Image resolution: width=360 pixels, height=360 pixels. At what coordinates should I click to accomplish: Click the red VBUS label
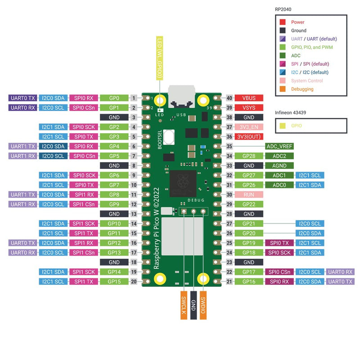point(249,98)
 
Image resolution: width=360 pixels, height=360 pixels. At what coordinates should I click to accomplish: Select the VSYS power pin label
point(249,108)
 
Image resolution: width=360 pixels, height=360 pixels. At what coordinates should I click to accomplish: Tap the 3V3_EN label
point(249,127)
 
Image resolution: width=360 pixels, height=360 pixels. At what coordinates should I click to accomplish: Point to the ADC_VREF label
point(279,146)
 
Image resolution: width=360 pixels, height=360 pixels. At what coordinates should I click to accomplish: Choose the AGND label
point(279,166)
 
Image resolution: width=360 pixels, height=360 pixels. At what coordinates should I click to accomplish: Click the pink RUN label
point(249,194)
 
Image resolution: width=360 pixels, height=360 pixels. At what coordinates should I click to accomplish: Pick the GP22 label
point(249,204)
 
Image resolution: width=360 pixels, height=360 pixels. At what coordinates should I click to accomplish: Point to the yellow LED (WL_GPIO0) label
point(159,58)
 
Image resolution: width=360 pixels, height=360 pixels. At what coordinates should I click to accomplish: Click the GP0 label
point(114,98)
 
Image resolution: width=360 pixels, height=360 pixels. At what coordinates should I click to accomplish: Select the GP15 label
point(114,282)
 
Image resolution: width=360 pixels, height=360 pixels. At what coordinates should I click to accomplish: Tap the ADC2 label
point(279,156)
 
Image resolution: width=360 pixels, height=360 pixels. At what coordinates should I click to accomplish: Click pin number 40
point(229,98)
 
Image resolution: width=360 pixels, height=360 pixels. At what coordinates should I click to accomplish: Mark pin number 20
point(134,282)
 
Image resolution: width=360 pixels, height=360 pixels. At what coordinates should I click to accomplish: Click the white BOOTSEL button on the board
point(170,135)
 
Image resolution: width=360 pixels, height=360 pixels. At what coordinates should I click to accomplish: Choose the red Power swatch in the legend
point(283,22)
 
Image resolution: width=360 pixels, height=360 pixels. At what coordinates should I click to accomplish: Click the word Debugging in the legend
point(302,89)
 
